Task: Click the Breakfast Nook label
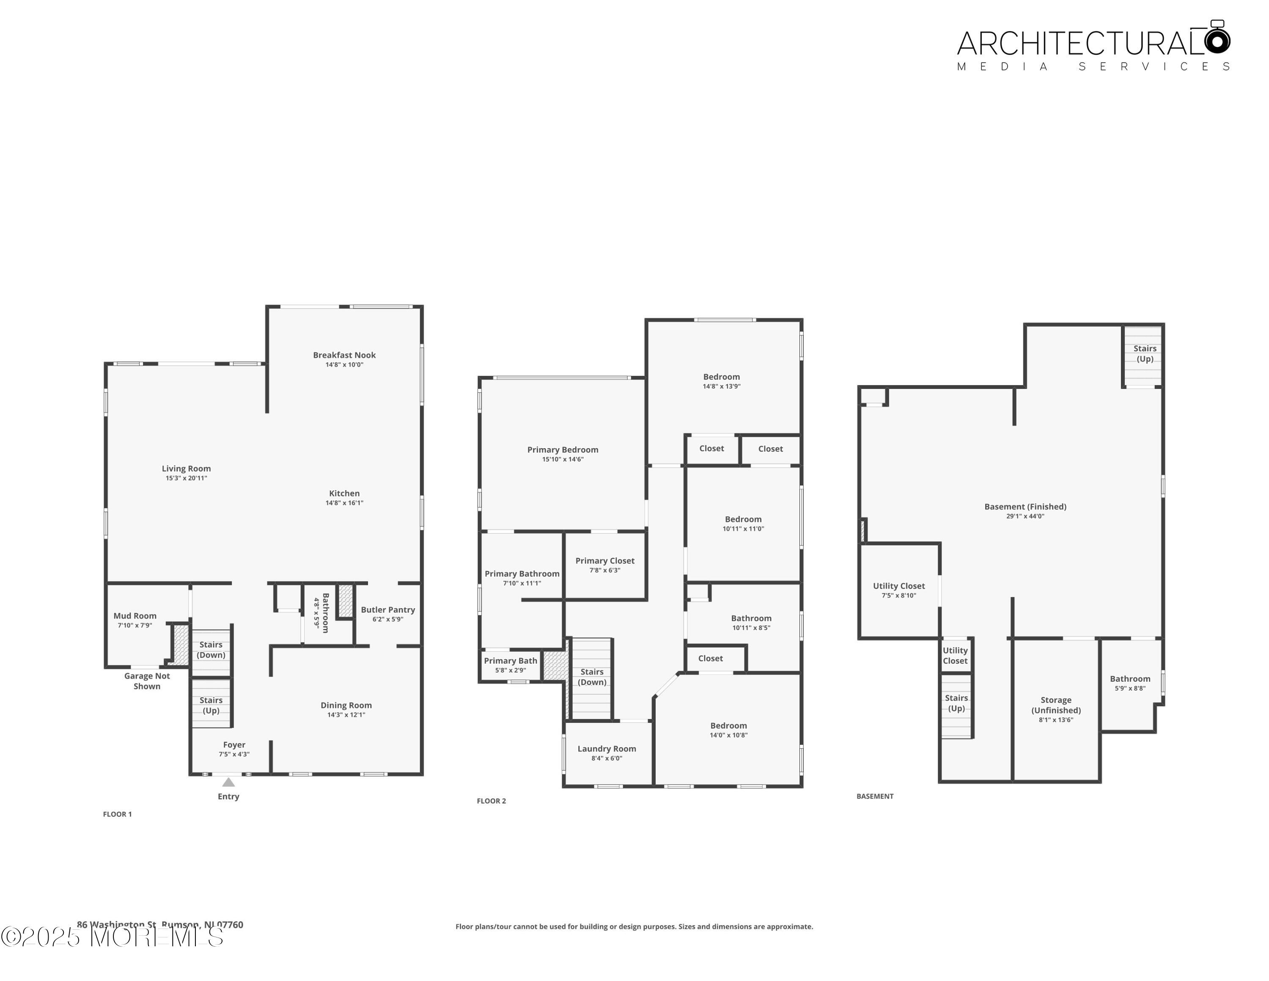[344, 355]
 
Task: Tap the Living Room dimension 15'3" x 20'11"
[186, 478]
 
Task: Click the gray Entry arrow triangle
[228, 782]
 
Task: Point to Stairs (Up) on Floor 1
[211, 705]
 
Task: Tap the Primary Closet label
[605, 561]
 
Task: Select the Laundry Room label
[607, 749]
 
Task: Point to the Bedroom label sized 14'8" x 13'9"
[721, 377]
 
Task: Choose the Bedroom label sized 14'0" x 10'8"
[728, 726]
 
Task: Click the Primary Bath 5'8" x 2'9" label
[510, 661]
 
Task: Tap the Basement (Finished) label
[1025, 507]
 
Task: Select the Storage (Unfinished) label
[1056, 705]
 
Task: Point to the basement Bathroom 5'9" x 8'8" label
[1129, 679]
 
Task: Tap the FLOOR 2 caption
[491, 801]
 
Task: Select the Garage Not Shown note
[147, 681]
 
